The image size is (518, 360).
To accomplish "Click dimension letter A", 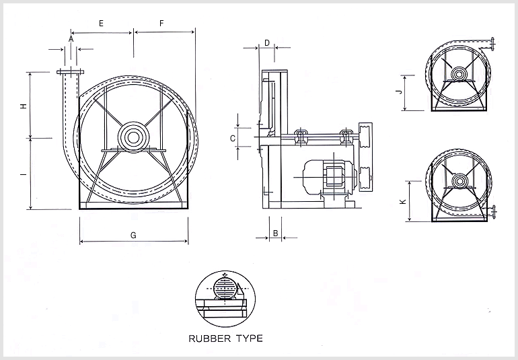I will pyautogui.click(x=71, y=39).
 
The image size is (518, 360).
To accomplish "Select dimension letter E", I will pyautogui.click(x=101, y=23).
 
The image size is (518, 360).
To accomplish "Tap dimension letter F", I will pyautogui.click(x=161, y=23).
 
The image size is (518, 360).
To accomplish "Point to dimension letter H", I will pyautogui.click(x=23, y=106).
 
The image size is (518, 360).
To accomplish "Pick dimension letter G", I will pyautogui.click(x=133, y=236).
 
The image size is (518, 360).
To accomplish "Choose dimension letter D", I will pyautogui.click(x=266, y=42).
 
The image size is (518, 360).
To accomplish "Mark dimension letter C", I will pyautogui.click(x=233, y=138).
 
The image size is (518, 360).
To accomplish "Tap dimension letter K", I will pyautogui.click(x=402, y=201).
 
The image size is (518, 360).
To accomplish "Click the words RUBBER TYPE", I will pyautogui.click(x=226, y=338).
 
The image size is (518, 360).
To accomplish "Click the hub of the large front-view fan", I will pyautogui.click(x=133, y=137).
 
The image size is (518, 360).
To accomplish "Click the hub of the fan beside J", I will pyautogui.click(x=459, y=74).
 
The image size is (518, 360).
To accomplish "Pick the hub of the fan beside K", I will pyautogui.click(x=459, y=180).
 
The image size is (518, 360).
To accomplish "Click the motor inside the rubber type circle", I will pyautogui.click(x=225, y=288).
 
